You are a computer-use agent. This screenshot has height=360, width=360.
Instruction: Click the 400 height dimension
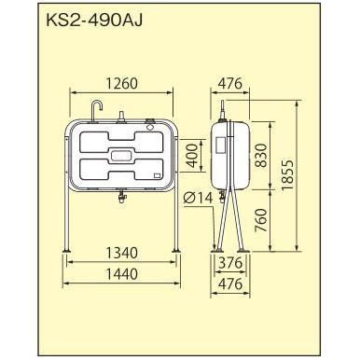(x=191, y=154)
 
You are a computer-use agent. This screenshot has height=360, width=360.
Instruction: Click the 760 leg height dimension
(x=264, y=219)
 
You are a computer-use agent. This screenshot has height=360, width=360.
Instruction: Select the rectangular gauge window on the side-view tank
(x=220, y=141)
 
